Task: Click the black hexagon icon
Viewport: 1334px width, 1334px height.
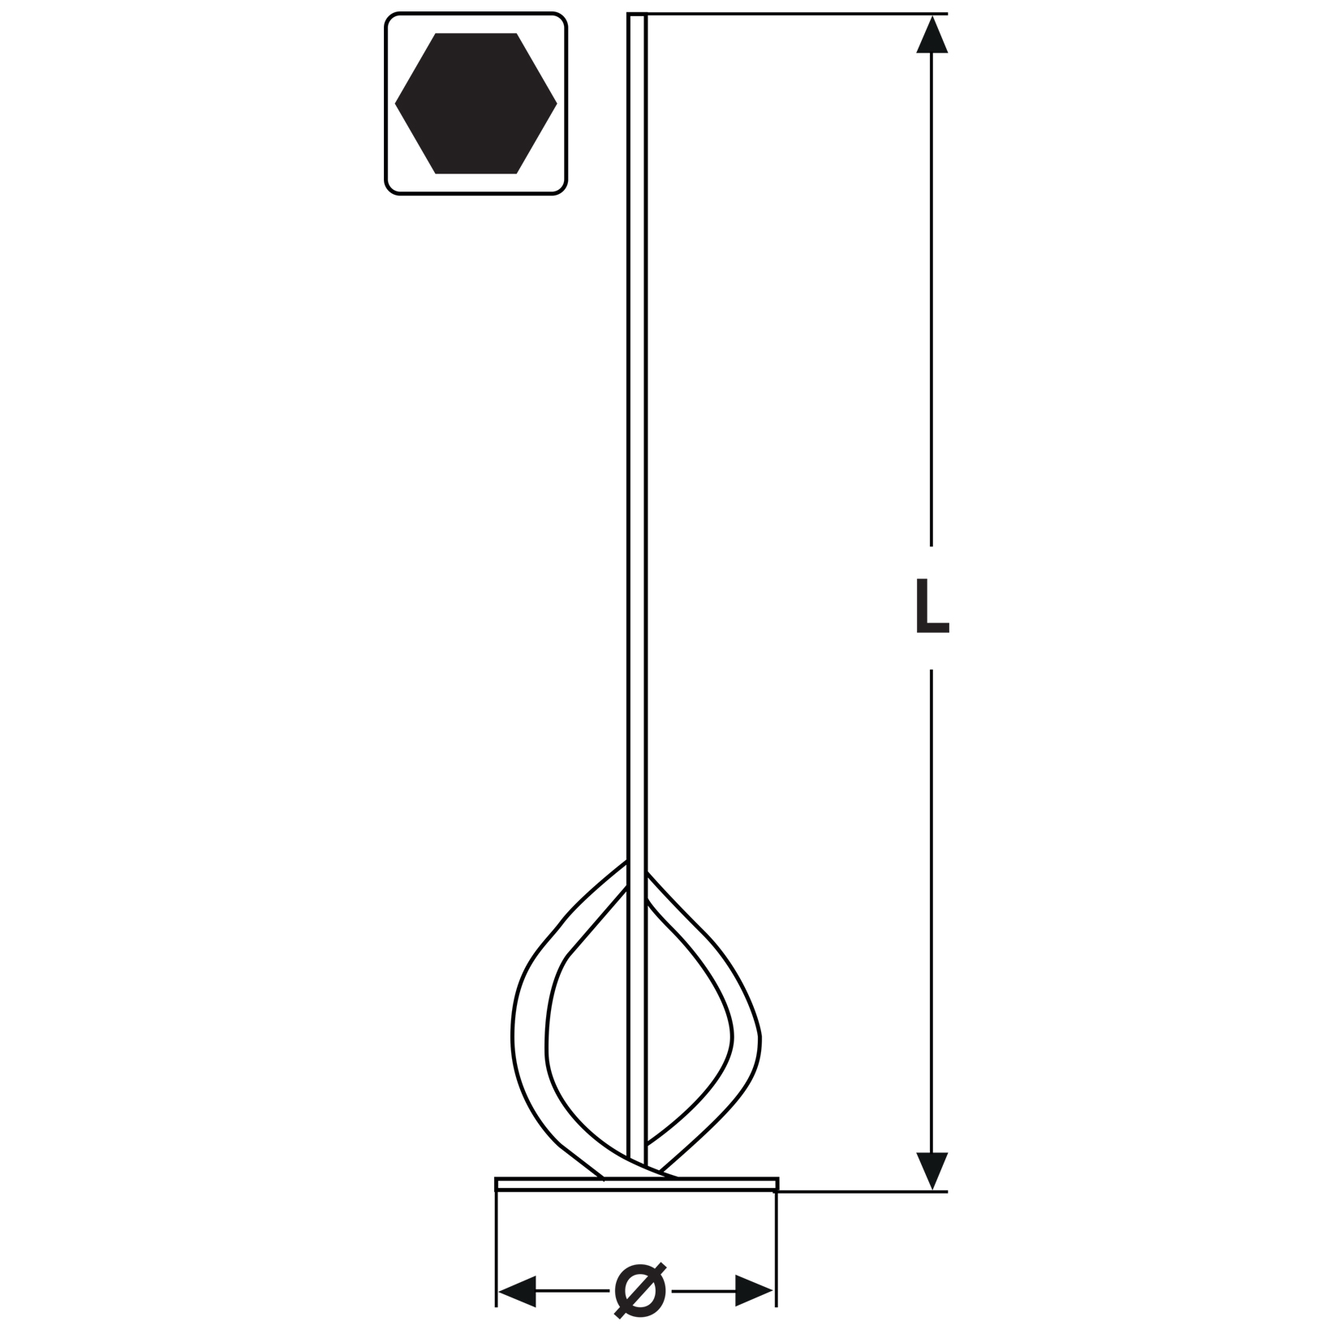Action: pyautogui.click(x=476, y=103)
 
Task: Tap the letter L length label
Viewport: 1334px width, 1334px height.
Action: pyautogui.click(x=932, y=606)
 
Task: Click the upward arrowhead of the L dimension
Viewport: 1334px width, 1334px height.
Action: pyautogui.click(x=932, y=34)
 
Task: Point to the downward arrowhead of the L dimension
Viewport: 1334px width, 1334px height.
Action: pyautogui.click(x=932, y=1172)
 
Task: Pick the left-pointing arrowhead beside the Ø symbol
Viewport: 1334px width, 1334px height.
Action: pyautogui.click(x=517, y=1290)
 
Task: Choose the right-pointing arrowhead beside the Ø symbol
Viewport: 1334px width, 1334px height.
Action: pyautogui.click(x=754, y=1290)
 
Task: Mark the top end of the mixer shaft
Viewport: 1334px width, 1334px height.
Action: pyautogui.click(x=637, y=15)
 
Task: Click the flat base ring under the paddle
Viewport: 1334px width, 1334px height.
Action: pyautogui.click(x=637, y=1184)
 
